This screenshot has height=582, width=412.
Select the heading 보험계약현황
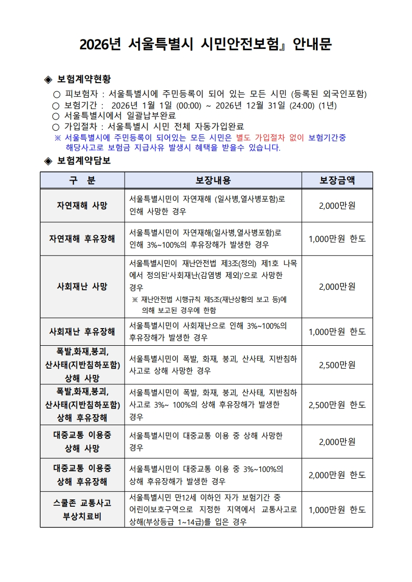[x=84, y=79]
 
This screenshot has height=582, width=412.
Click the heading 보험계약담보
[x=84, y=160]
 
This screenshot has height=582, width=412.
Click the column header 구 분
[x=82, y=180]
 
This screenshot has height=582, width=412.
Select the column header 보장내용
[x=213, y=180]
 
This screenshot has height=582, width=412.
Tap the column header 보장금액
[x=337, y=180]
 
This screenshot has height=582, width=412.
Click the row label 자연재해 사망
[x=82, y=205]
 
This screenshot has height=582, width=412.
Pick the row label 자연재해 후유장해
[x=82, y=239]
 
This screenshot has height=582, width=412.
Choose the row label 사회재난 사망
[x=82, y=286]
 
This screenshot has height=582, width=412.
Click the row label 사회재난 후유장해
[x=82, y=331]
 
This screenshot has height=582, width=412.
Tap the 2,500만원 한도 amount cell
[x=337, y=404]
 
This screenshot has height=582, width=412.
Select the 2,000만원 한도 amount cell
[x=337, y=475]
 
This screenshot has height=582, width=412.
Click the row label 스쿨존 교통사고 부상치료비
[x=82, y=509]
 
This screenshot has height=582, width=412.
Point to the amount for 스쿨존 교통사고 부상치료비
[x=337, y=509]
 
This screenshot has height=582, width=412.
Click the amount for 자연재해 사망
[x=337, y=205]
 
